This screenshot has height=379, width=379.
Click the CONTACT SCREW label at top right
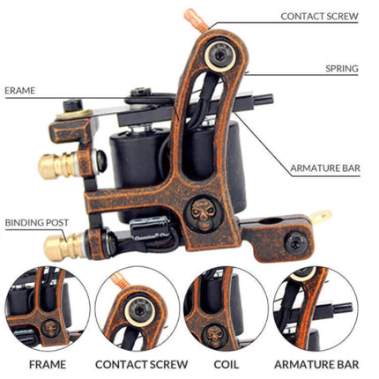tap(319, 16)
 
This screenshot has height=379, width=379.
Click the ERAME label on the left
tap(19, 90)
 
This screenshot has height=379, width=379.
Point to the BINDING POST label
tap(33, 223)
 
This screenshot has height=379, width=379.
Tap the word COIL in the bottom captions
tap(227, 363)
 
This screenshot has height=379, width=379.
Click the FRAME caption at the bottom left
tap(48, 363)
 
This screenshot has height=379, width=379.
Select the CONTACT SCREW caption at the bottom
tap(141, 363)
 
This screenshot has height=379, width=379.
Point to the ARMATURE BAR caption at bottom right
tap(316, 363)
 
